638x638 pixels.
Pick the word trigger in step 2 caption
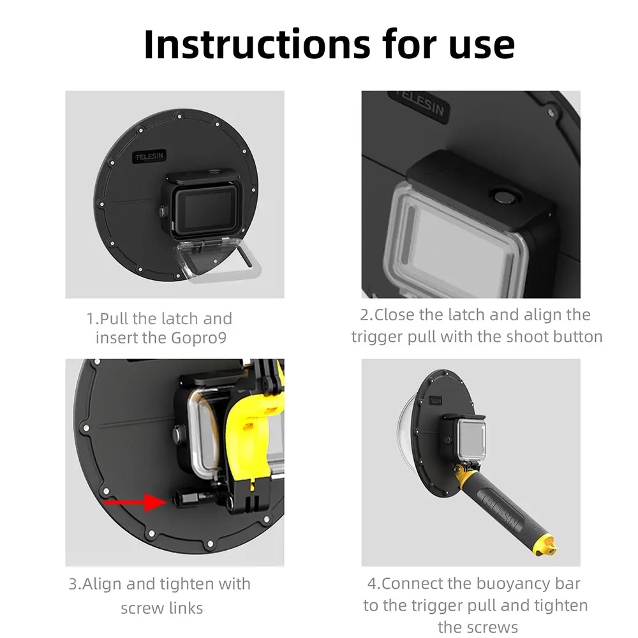click(380, 336)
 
